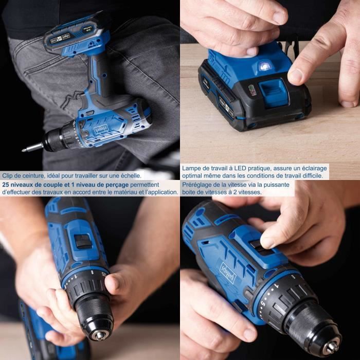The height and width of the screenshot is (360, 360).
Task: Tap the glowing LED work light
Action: (x=264, y=66)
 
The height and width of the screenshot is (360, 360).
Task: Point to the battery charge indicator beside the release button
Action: (x=252, y=90)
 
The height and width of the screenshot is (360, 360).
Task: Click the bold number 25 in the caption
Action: (x=6, y=184)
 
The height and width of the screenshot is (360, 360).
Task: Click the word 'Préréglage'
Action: (x=197, y=184)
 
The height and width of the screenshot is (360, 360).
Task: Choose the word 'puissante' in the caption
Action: (x=275, y=184)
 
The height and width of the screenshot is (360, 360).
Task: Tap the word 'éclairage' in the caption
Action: (x=312, y=168)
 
